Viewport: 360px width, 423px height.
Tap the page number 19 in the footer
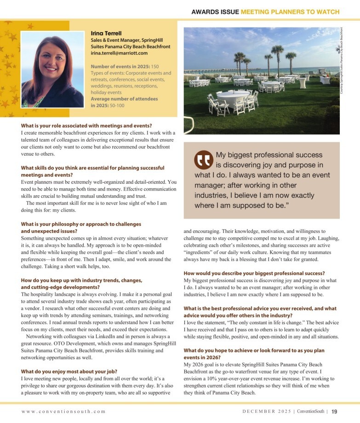[335, 411]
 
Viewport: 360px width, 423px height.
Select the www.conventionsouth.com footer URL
[63, 412]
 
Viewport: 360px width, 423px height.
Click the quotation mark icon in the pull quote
[203, 159]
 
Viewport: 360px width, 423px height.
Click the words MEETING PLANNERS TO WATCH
[290, 11]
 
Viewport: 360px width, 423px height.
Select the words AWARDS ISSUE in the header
[215, 11]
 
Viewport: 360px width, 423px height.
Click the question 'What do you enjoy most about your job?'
[69, 371]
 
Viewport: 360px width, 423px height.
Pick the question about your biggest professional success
[254, 273]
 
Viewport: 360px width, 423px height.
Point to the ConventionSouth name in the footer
[311, 412]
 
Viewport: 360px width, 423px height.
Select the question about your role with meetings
[86, 125]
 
